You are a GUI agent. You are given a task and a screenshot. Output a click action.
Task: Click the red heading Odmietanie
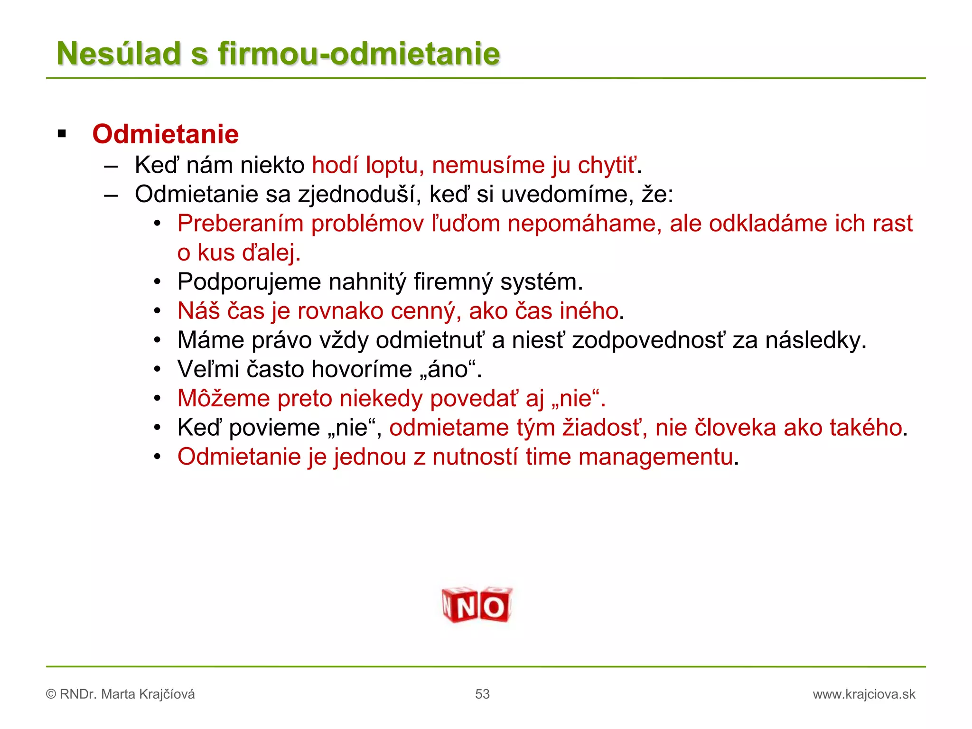click(x=165, y=134)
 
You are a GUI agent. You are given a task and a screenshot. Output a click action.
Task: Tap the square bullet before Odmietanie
click(x=62, y=134)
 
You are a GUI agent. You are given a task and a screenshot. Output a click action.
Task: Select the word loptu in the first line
click(x=392, y=166)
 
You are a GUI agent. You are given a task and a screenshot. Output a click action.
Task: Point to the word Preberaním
click(x=240, y=224)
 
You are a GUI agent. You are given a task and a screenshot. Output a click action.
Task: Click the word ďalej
click(x=271, y=253)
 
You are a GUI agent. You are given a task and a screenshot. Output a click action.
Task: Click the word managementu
click(x=655, y=457)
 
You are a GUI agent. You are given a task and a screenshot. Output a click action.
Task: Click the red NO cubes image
click(x=477, y=605)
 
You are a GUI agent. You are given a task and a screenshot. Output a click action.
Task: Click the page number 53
click(x=482, y=694)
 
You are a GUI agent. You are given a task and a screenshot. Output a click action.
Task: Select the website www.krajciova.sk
click(x=864, y=694)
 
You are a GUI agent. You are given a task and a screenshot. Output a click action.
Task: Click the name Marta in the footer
click(x=118, y=694)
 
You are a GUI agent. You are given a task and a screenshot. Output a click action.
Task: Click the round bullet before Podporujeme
click(x=158, y=282)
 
